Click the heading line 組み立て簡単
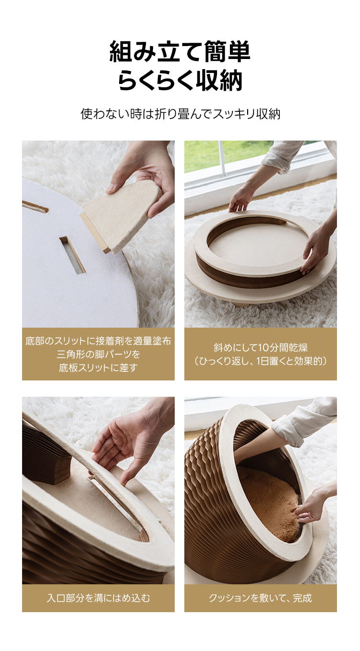[x=180, y=51]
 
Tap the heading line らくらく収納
[x=180, y=80]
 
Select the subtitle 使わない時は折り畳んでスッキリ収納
[x=180, y=114]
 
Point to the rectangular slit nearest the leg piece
[x=72, y=255]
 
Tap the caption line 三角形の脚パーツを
[x=98, y=354]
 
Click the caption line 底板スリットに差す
[x=98, y=367]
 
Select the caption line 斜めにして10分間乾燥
[x=261, y=348]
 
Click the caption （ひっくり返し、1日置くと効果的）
[x=261, y=361]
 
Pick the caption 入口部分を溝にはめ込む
[x=98, y=598]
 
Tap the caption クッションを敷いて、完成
[x=261, y=598]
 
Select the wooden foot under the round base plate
[x=241, y=303]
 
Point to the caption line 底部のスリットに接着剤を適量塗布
[x=98, y=341]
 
